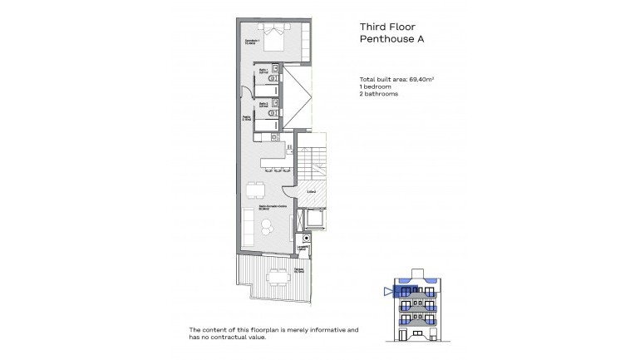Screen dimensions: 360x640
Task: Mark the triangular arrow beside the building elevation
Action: [x=388, y=291]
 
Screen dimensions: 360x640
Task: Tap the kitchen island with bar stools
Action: [x=274, y=155]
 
